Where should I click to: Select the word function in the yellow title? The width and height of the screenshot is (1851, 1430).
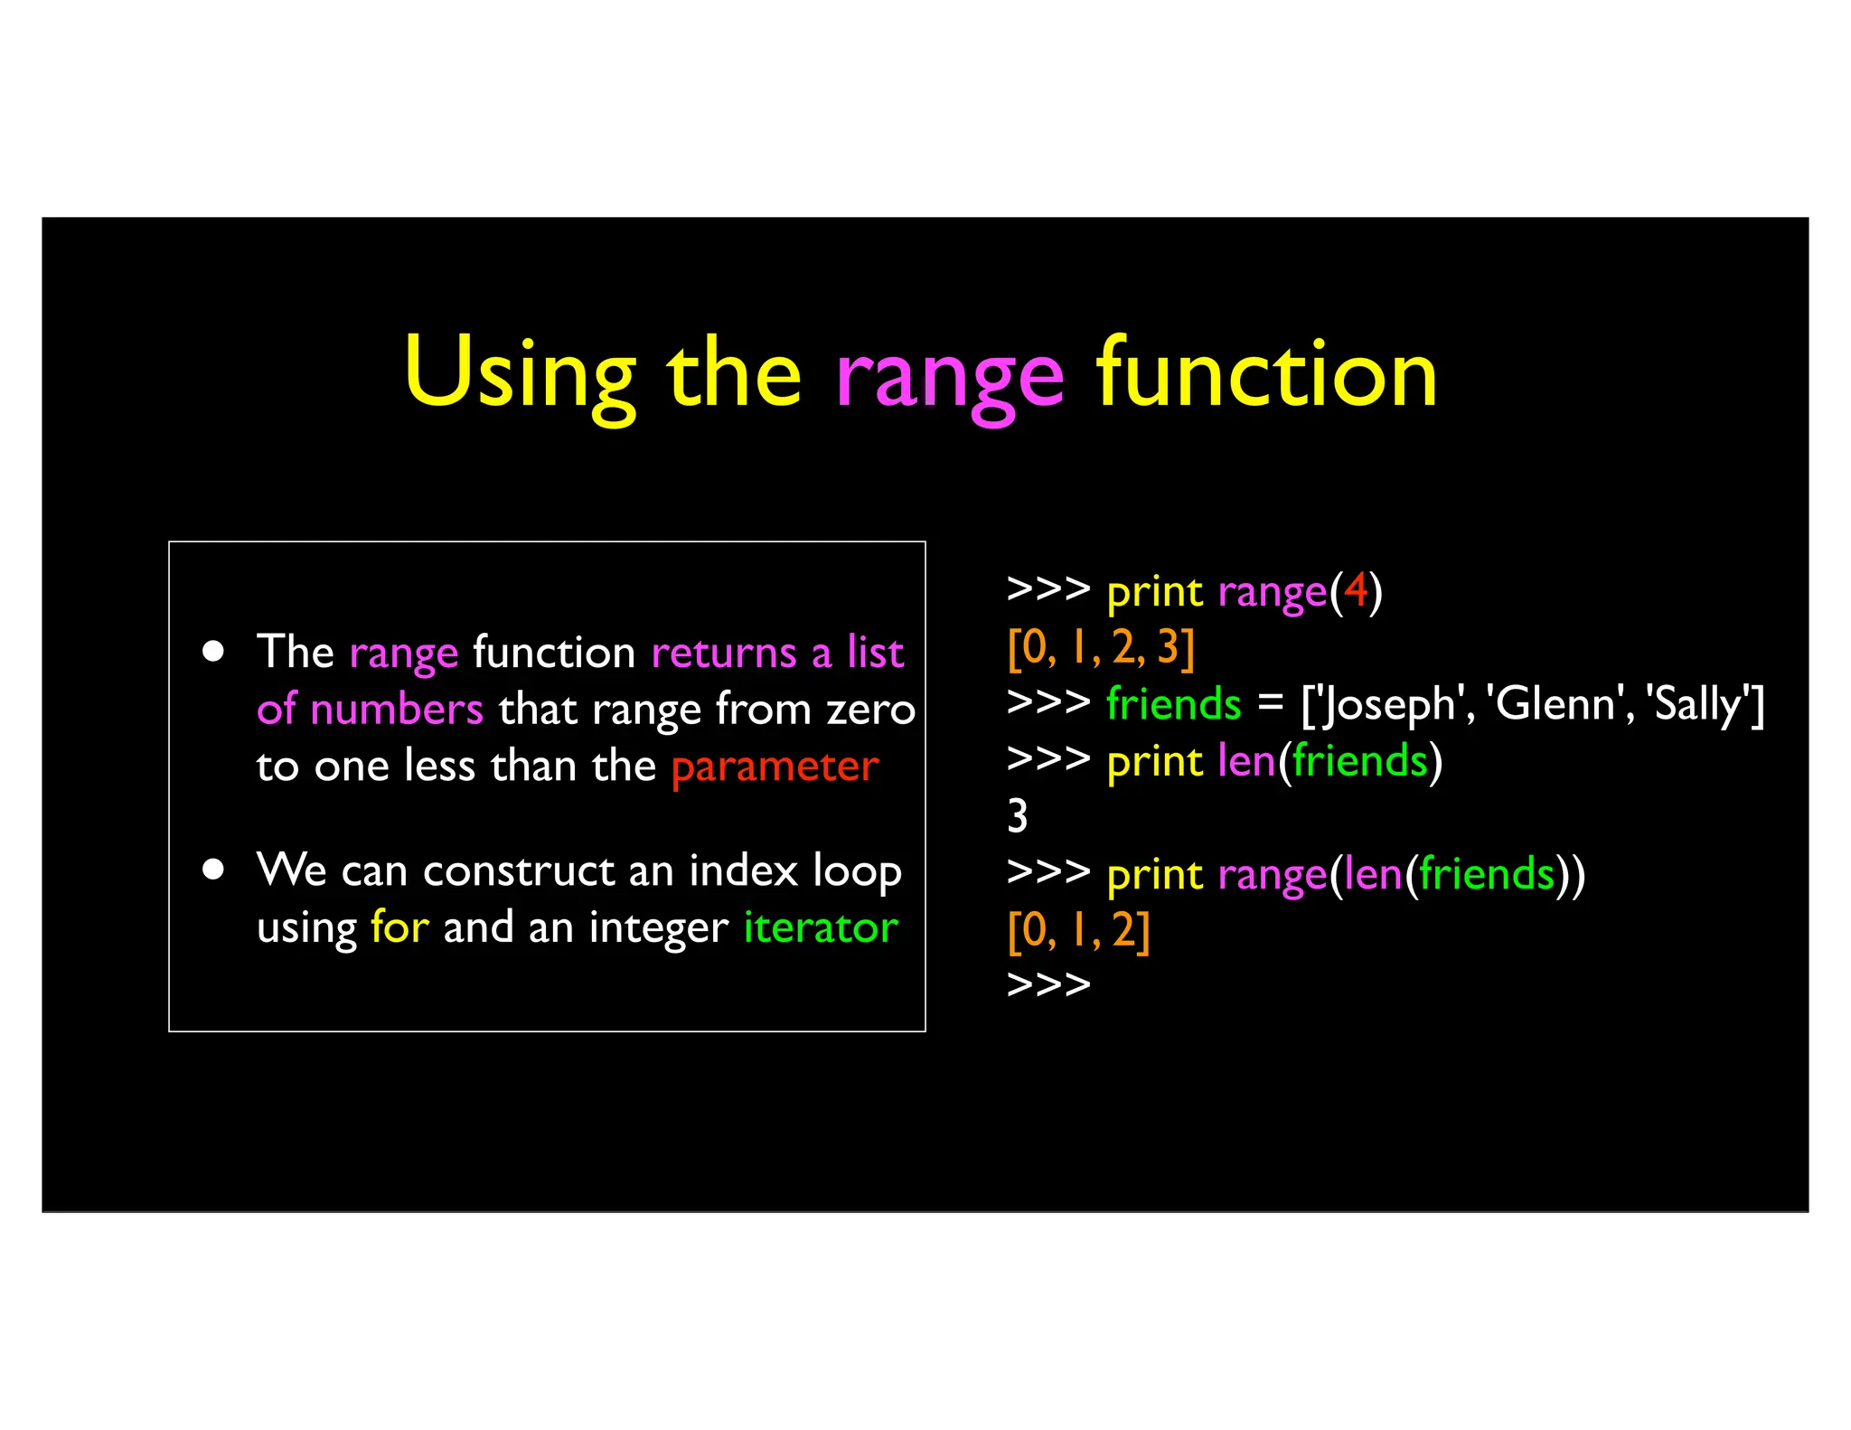pos(1266,372)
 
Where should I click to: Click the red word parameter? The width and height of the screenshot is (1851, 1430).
pos(775,767)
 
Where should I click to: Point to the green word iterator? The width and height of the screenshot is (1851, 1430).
pos(821,927)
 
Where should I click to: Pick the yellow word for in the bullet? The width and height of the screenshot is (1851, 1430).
pos(399,927)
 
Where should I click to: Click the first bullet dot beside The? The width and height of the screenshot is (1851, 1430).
pos(213,652)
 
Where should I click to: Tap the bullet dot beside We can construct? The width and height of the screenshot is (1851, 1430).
pos(213,870)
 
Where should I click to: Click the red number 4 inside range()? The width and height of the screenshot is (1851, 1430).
pos(1355,591)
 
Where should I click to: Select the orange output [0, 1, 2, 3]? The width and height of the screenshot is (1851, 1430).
pos(1101,647)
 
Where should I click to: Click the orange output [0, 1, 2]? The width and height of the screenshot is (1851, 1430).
pos(1078,930)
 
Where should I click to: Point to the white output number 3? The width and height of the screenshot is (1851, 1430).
pos(1018,816)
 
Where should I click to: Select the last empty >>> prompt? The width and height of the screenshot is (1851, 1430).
pos(1048,984)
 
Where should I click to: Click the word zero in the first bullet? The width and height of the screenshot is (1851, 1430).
pos(871,710)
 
